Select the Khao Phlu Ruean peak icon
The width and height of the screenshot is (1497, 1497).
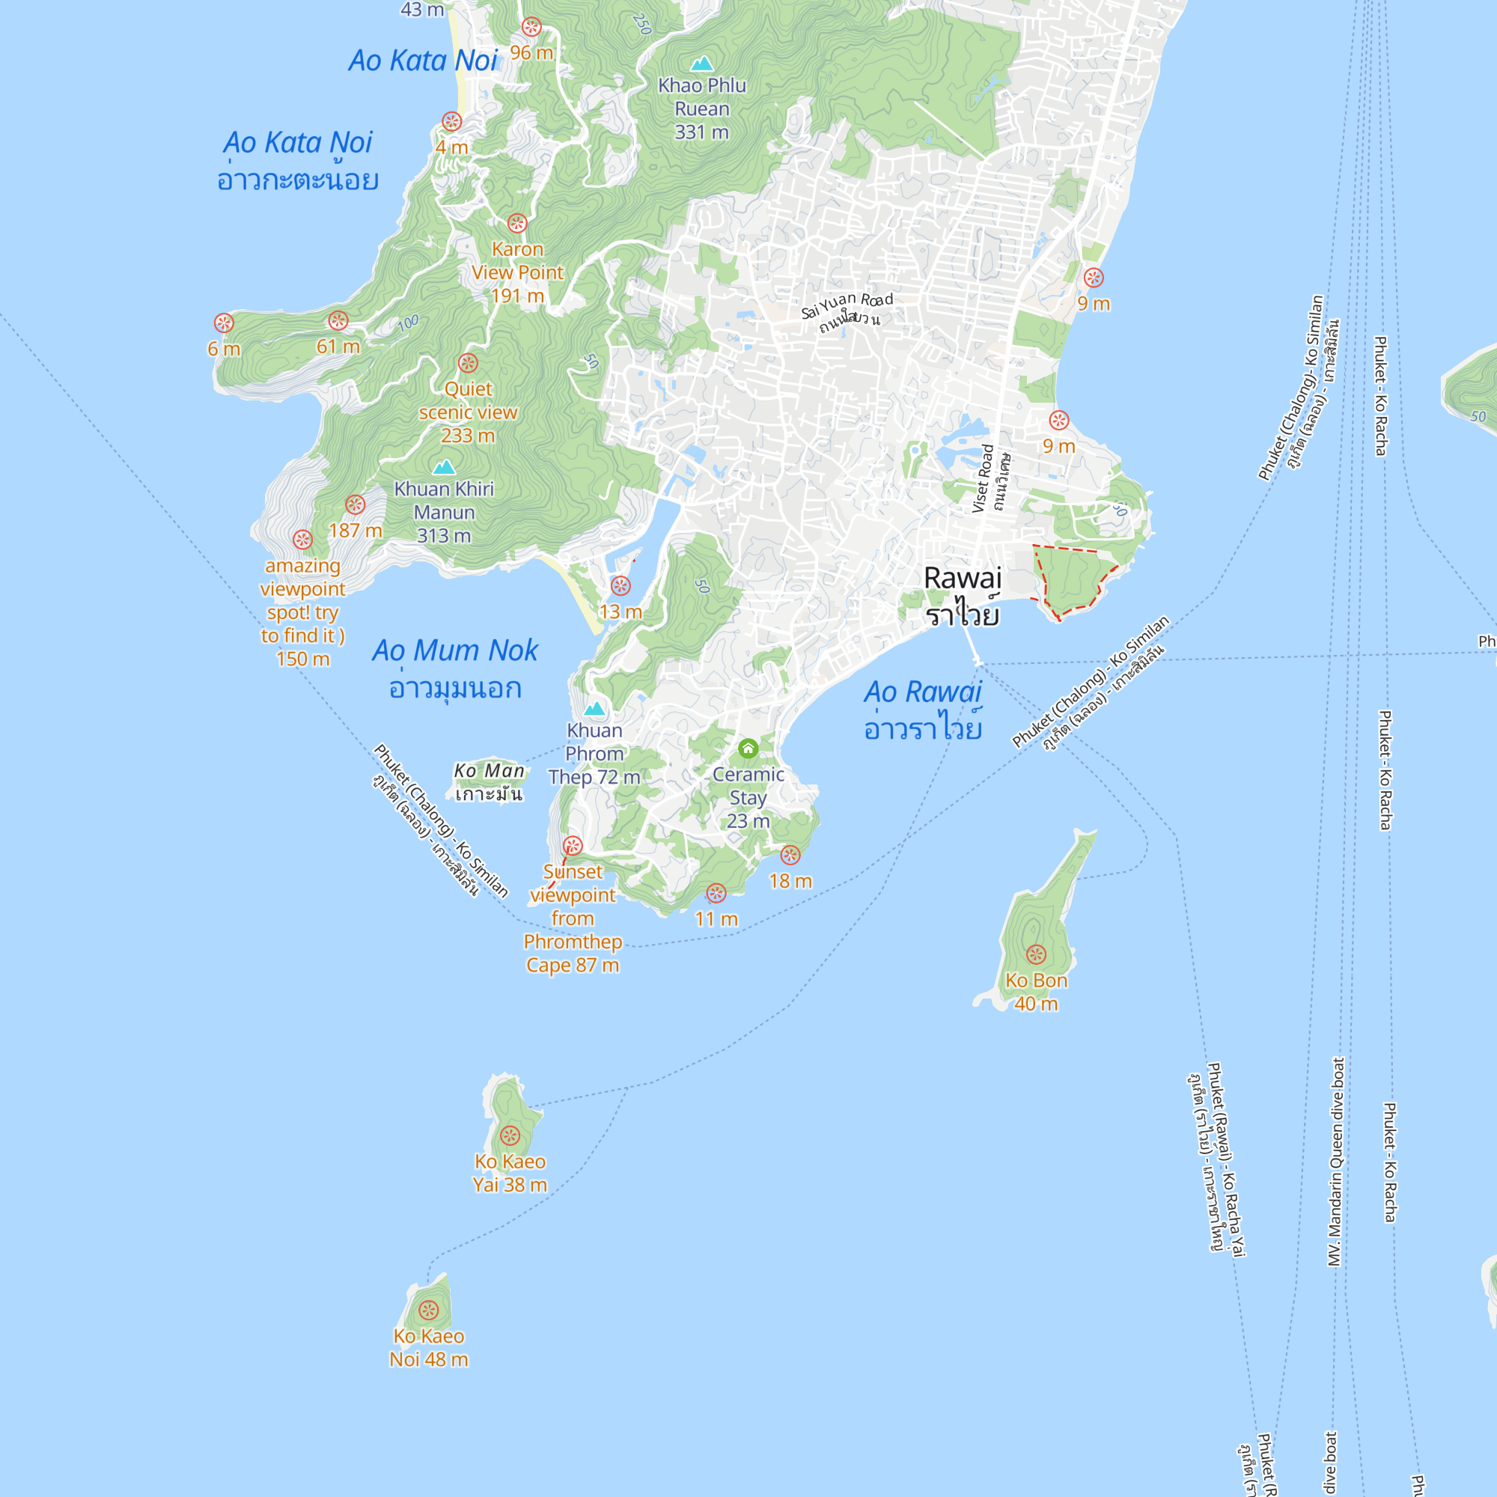point(702,63)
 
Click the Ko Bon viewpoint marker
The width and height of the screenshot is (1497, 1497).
point(1036,954)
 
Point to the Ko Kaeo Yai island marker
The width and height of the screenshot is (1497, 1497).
point(510,1136)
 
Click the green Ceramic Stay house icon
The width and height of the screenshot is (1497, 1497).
point(748,748)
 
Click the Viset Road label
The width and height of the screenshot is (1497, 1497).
point(984,478)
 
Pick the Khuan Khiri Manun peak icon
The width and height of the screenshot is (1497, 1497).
point(444,466)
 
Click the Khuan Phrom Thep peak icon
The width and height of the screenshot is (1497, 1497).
point(594,708)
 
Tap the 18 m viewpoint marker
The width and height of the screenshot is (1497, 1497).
point(790,855)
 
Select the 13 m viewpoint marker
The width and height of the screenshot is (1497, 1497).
point(621,586)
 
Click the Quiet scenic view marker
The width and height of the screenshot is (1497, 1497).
point(468,362)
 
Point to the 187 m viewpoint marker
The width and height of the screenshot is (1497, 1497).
point(355,504)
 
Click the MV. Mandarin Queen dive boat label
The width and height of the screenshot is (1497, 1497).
point(1337,1162)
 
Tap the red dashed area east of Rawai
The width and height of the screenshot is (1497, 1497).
point(1073,577)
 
